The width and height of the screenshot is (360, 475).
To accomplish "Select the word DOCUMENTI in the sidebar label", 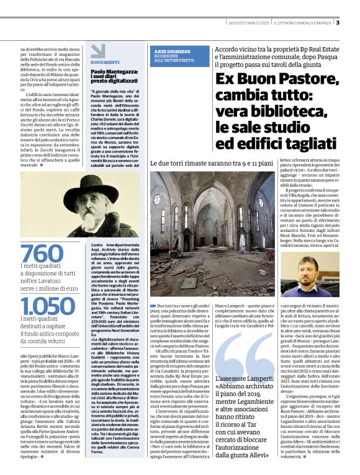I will coord(105,63).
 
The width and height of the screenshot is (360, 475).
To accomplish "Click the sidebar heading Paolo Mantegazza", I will coord(115,72).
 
